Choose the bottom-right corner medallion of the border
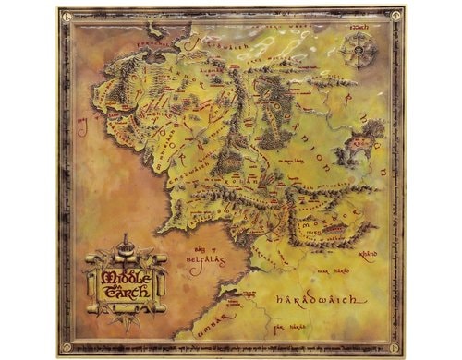(397, 351)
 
